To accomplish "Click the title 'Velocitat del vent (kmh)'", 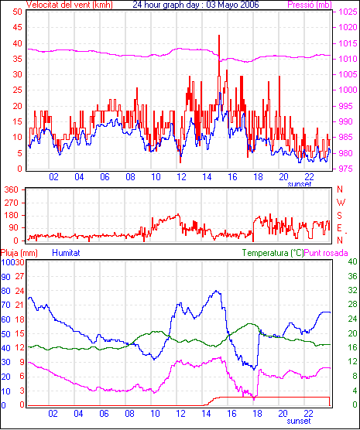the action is click(70, 5).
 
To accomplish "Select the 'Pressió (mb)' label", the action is click(310, 5).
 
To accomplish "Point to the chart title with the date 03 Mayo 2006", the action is click(196, 5).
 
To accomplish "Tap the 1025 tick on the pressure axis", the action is click(348, 12).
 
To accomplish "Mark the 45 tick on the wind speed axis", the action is click(17, 27).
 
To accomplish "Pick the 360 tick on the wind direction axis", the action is click(12, 189).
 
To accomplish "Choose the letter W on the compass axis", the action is click(341, 203).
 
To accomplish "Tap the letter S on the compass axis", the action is click(339, 216).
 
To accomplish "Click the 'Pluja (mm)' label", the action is click(19, 253).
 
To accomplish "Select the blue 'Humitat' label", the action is click(66, 253).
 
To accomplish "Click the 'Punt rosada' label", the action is click(326, 253).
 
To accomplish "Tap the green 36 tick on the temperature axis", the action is click(352, 276).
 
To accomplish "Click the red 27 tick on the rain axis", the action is click(20, 276).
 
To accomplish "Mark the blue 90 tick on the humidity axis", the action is click(5, 277).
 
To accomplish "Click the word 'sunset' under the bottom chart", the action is click(299, 421).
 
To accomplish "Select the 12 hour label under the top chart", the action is click(181, 177).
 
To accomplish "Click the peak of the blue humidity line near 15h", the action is click(216, 291).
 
